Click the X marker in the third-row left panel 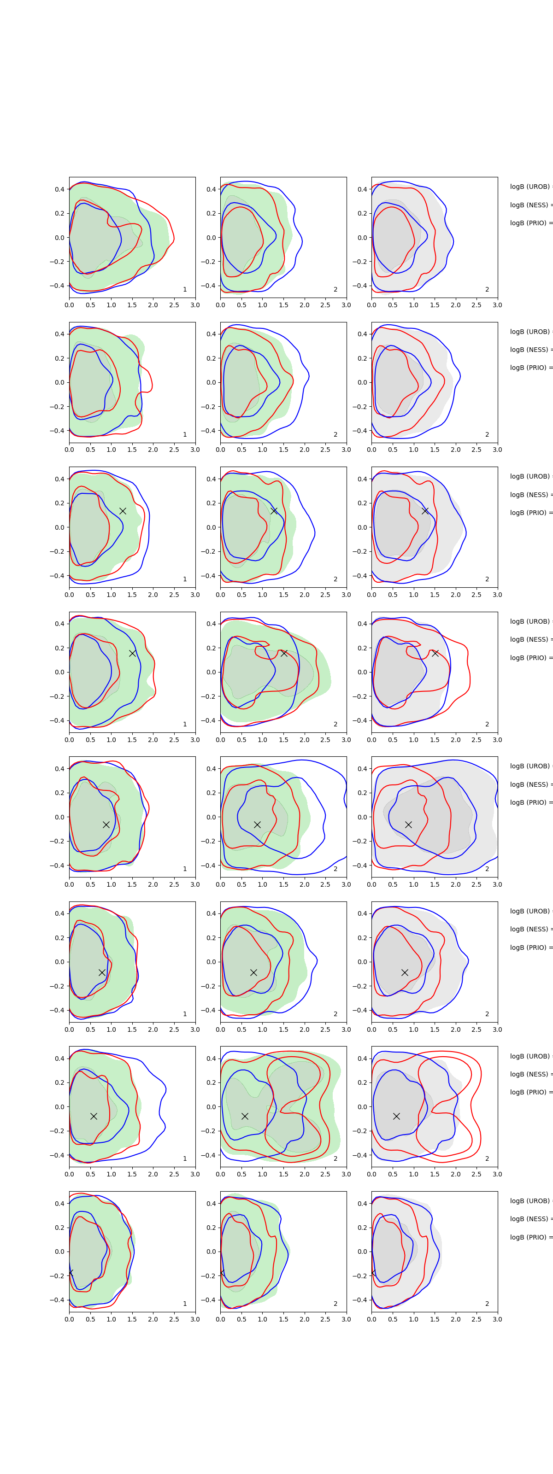click(x=123, y=510)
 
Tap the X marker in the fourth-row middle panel click(x=284, y=653)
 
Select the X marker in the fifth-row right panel click(x=408, y=825)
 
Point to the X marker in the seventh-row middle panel click(x=244, y=1116)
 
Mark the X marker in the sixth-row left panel click(x=102, y=972)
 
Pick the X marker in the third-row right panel click(x=425, y=510)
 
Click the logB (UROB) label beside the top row click(x=529, y=187)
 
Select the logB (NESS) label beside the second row click(x=529, y=350)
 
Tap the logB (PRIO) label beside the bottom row click(x=529, y=1237)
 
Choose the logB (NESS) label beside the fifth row click(x=529, y=784)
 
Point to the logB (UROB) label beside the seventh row click(x=529, y=1056)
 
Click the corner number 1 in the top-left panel click(x=184, y=290)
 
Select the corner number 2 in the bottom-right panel click(x=487, y=1304)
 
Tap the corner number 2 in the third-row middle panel click(x=335, y=579)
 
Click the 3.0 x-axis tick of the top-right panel click(x=497, y=305)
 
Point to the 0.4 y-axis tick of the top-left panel click(x=59, y=189)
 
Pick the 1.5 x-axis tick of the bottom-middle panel click(x=283, y=1319)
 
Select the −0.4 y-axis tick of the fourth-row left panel click(x=57, y=720)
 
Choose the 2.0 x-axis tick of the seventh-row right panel click(x=455, y=1174)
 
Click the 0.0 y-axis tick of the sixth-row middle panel click(x=211, y=962)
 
